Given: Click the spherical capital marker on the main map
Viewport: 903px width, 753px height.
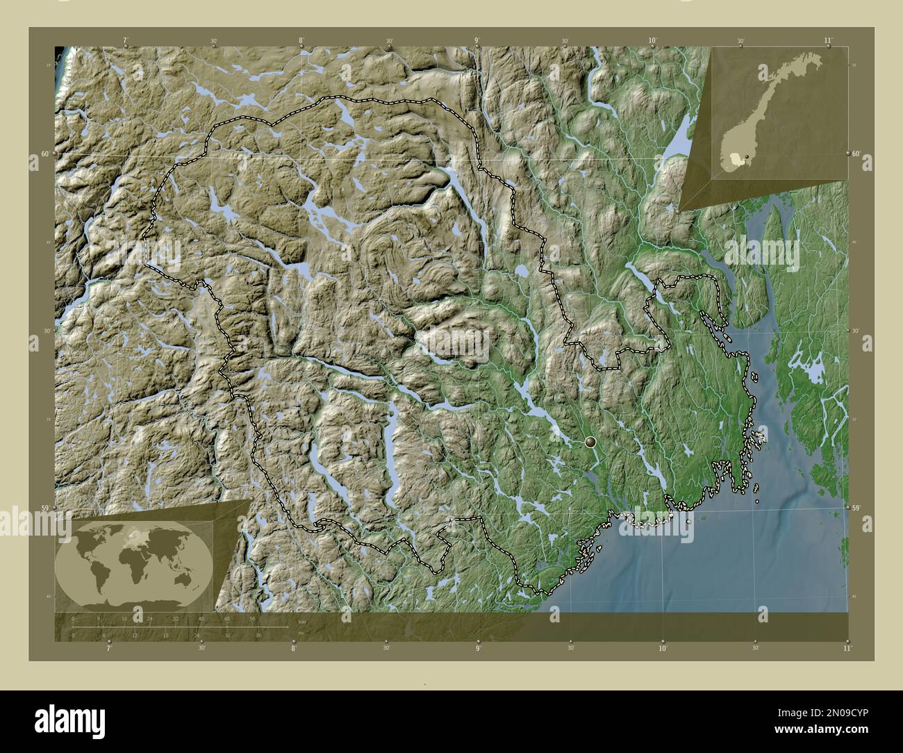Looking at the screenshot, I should [590, 441].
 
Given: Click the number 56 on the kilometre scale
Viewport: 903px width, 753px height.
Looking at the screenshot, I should [253, 618].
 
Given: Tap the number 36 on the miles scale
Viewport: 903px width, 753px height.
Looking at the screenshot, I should [258, 635].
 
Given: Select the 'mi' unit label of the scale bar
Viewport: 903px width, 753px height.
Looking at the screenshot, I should [300, 633].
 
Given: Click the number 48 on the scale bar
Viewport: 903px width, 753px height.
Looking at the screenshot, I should [226, 618].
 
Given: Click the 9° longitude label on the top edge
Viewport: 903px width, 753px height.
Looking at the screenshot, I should [477, 41].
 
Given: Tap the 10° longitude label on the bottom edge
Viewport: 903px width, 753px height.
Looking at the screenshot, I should [663, 648].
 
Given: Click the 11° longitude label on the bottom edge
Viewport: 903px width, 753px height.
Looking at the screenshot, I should [846, 648].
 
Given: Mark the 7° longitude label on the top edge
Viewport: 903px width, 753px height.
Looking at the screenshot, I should [125, 41].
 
